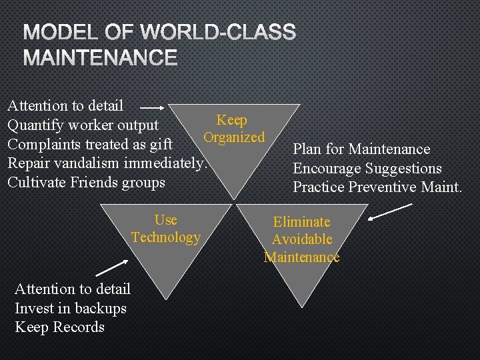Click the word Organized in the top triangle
(234, 137)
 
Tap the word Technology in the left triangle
(166, 237)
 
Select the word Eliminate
(301, 222)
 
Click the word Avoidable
(301, 239)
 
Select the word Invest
(33, 308)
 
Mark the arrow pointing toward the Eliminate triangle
(390, 211)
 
